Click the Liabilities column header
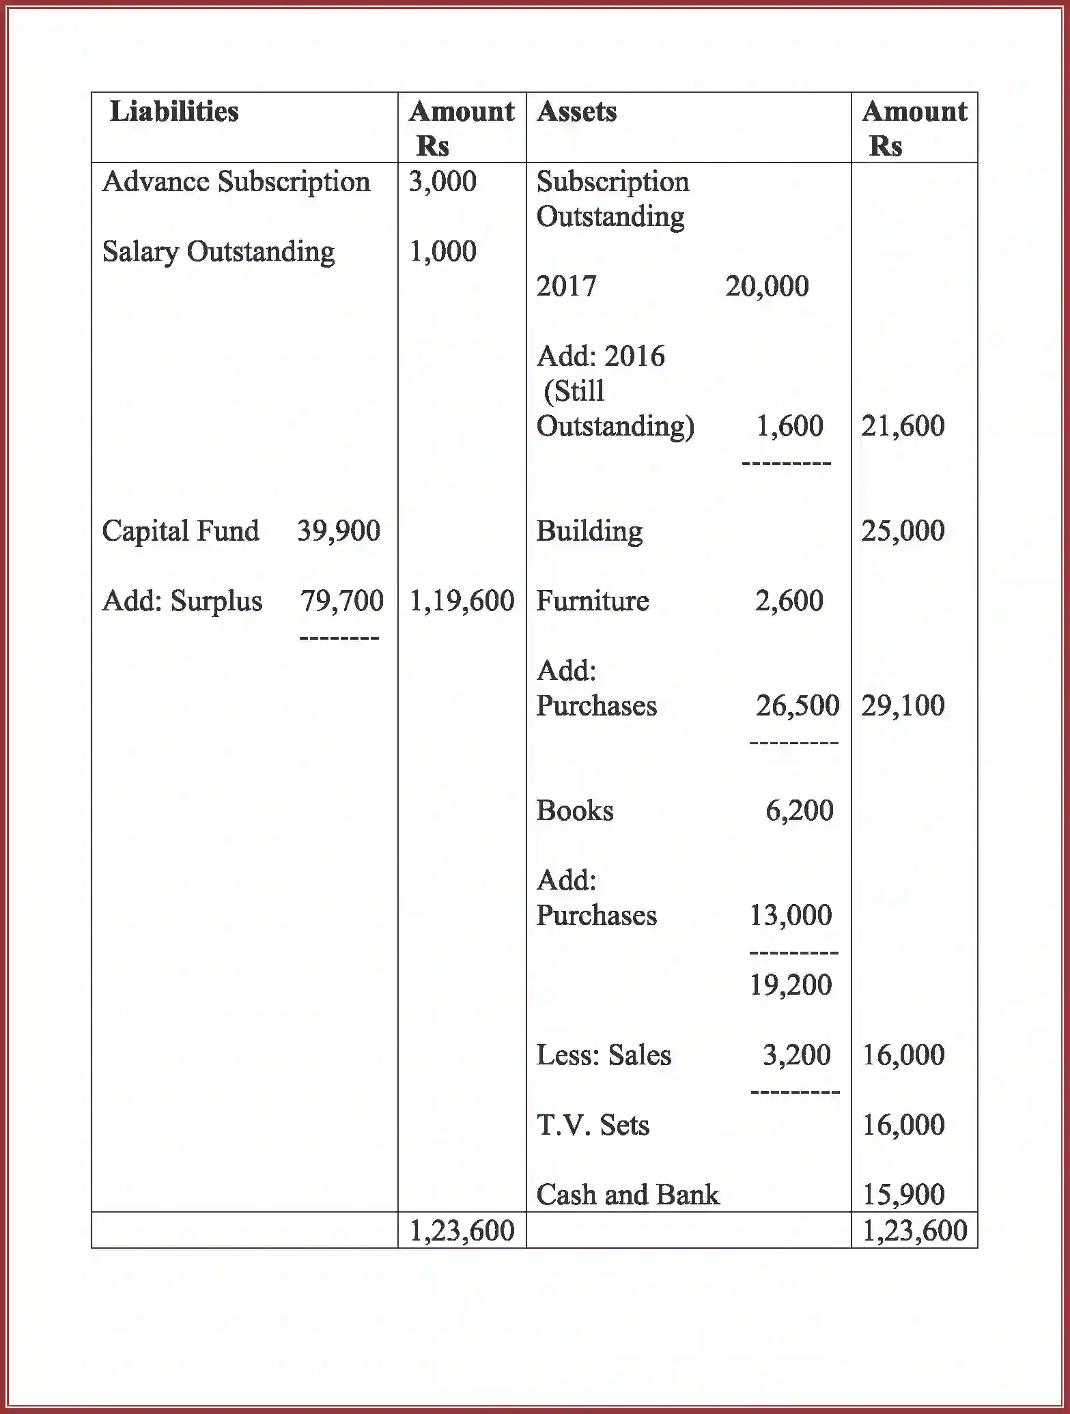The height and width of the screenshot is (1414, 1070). (174, 112)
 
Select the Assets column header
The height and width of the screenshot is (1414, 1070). (576, 112)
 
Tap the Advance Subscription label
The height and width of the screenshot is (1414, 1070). (236, 182)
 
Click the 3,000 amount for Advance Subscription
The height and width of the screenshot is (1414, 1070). (442, 182)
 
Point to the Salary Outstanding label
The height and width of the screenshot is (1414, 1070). (218, 252)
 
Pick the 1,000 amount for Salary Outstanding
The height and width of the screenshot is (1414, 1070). (442, 252)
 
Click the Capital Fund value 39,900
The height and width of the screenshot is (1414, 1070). (339, 531)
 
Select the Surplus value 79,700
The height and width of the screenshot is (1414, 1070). (341, 601)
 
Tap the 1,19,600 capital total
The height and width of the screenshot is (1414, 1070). (462, 601)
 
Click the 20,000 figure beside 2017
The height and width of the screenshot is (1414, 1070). (767, 287)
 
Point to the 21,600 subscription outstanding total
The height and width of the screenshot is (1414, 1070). (903, 426)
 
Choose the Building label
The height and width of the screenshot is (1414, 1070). (589, 531)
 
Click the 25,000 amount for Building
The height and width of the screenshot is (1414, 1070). (903, 531)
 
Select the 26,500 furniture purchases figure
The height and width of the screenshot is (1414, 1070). (797, 706)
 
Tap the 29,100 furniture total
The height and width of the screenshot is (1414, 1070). (903, 706)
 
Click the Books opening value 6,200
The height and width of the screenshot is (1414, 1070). (799, 811)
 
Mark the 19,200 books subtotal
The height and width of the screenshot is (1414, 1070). (791, 985)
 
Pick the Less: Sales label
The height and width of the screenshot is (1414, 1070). (604, 1056)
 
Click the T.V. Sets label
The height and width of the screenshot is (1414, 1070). (593, 1125)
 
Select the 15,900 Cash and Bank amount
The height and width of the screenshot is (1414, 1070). (903, 1195)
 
